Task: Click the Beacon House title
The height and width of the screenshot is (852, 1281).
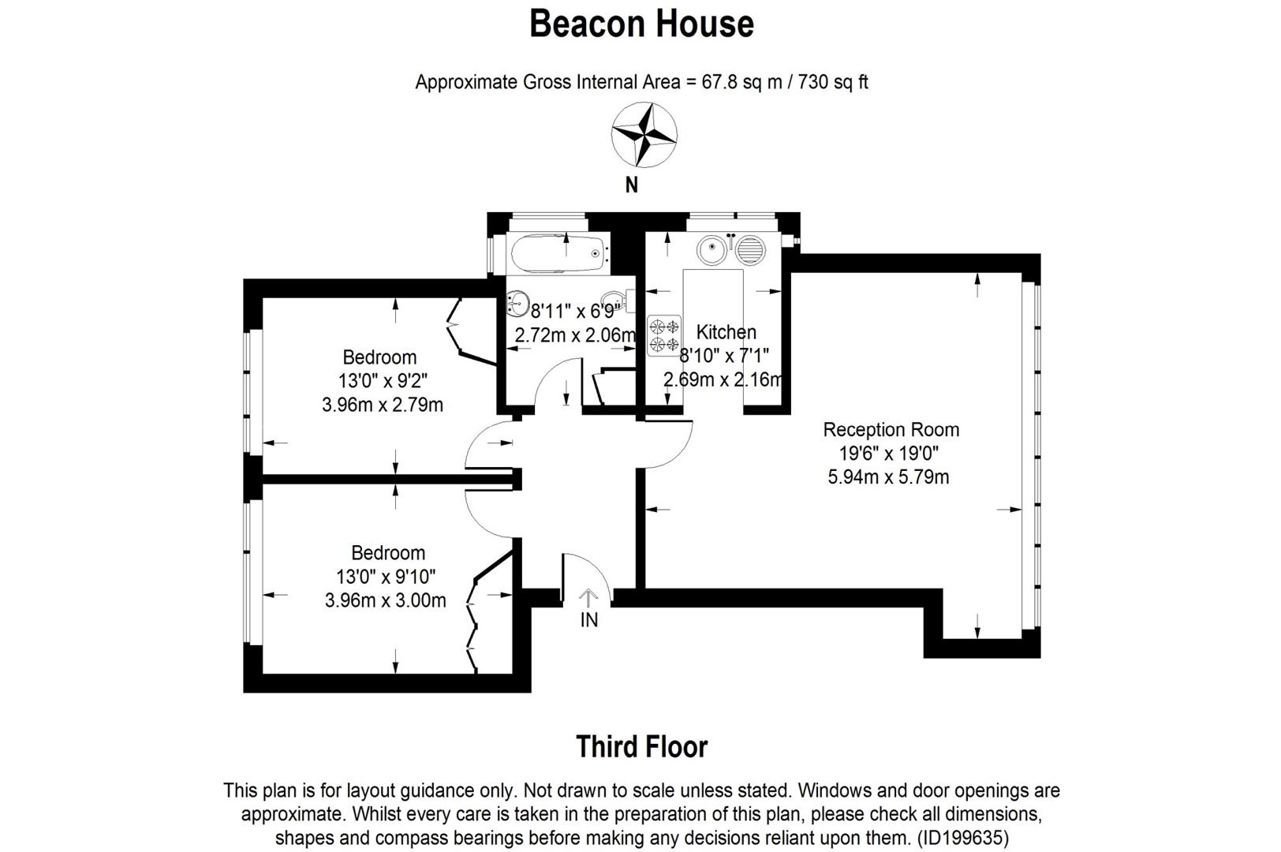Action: pos(641,24)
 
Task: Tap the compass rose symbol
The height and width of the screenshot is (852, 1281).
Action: pos(644,135)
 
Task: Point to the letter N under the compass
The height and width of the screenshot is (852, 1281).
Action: pos(631,185)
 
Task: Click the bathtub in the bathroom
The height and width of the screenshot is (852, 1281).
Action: pos(558,252)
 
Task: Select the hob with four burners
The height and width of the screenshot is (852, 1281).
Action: pos(664,335)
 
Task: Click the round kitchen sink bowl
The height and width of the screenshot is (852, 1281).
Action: pos(712,248)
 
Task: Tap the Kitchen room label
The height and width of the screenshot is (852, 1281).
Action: pos(726,332)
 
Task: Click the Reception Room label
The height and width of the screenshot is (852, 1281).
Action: pos(891,429)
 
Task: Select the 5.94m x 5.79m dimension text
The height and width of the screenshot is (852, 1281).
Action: pos(889,477)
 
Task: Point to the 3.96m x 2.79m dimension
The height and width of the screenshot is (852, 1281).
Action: pos(383,405)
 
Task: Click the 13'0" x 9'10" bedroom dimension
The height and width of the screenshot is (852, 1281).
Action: pos(387,577)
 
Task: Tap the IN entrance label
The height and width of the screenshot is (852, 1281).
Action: pos(589,620)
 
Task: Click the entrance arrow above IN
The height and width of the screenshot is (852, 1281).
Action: pos(588,599)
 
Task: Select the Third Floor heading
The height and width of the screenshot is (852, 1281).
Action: pos(641,747)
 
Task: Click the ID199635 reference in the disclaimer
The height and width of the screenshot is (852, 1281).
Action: pos(963,839)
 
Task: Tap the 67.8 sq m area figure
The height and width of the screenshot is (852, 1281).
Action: pos(741,82)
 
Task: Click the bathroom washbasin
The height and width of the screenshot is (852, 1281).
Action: pos(518,303)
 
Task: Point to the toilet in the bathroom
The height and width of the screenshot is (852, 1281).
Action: pos(618,301)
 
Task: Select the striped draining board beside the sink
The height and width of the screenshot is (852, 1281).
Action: pos(749,250)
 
